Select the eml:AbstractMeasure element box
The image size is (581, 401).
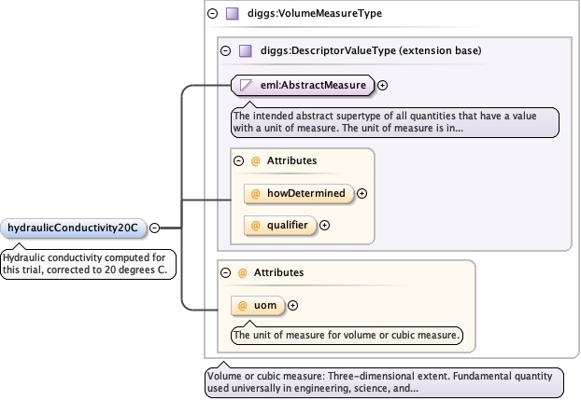click(x=303, y=86)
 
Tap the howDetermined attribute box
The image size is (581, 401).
click(x=298, y=194)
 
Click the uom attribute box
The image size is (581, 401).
click(x=258, y=305)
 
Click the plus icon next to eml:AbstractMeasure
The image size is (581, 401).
click(x=383, y=86)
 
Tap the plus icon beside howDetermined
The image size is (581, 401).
click(x=362, y=194)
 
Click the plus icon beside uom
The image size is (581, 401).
click(x=292, y=305)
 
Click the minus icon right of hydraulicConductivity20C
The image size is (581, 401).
click(x=154, y=228)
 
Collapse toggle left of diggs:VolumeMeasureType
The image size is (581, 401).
click(x=211, y=14)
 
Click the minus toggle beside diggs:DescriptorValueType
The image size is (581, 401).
click(x=224, y=50)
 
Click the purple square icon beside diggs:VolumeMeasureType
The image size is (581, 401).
click(x=231, y=14)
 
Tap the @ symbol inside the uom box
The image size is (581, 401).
click(x=242, y=305)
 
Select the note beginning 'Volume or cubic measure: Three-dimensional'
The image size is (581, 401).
click(x=384, y=381)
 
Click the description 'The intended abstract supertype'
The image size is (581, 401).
click(x=394, y=122)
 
